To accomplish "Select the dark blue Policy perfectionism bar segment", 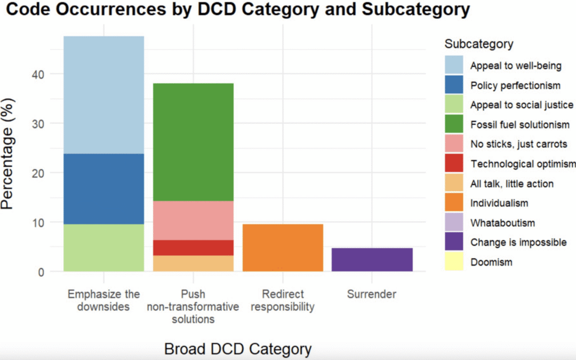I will (x=103, y=189).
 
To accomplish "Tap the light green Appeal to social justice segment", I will (x=103, y=247).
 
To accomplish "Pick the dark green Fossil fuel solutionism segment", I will (x=193, y=142).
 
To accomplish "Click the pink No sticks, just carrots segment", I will (x=193, y=220).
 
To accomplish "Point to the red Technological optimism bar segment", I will (x=193, y=247).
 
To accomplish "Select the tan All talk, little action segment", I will (x=193, y=263).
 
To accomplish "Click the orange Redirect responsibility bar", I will (x=283, y=247).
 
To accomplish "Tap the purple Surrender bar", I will (x=372, y=260).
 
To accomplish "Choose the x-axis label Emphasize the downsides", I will (x=103, y=301).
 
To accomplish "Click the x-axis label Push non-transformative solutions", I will (x=193, y=307).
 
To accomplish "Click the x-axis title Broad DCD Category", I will (x=237, y=349).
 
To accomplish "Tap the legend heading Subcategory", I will (x=479, y=44).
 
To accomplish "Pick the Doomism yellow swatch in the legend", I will (x=454, y=262).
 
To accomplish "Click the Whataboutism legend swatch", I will (x=454, y=222).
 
